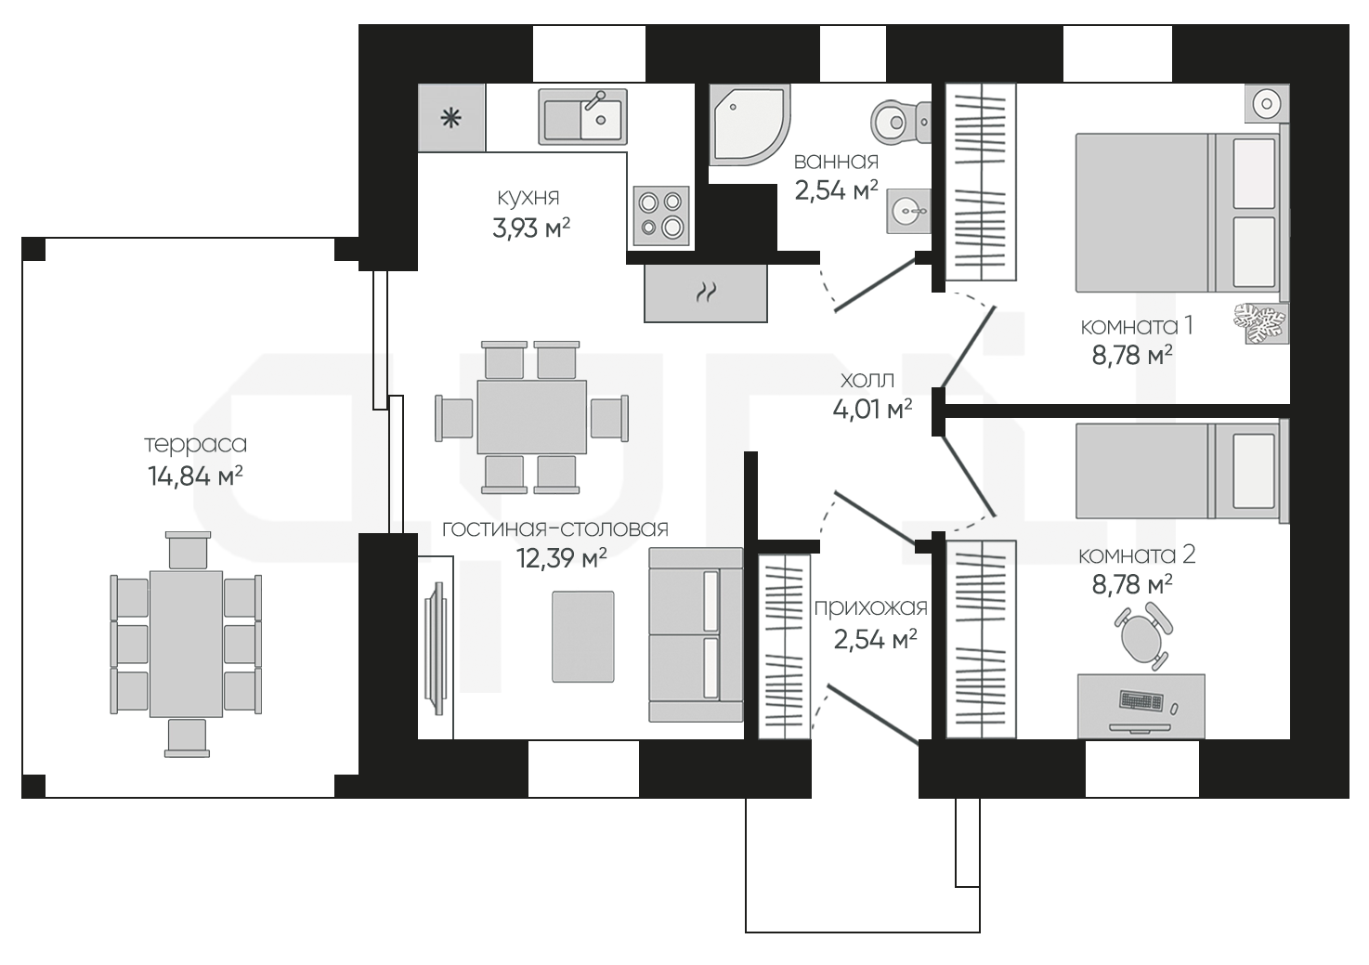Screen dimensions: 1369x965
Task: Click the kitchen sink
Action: [x=582, y=117]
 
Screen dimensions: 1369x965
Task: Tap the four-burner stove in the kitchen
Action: [x=660, y=215]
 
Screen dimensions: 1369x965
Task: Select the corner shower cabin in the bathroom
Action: [x=748, y=124]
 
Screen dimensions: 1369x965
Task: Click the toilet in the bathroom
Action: [x=900, y=122]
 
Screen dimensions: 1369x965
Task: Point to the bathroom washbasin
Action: [x=908, y=211]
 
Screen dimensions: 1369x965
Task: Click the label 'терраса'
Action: [x=196, y=444]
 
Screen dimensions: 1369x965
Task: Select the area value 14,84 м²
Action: [x=196, y=476]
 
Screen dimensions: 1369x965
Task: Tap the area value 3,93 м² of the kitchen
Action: [x=531, y=228]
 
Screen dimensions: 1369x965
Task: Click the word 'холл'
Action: [x=867, y=380]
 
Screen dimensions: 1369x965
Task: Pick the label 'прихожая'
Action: [x=871, y=607]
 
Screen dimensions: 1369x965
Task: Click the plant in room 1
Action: [x=1260, y=322]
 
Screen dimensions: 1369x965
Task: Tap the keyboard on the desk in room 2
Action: [x=1141, y=700]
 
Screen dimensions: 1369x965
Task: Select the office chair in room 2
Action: [x=1141, y=635]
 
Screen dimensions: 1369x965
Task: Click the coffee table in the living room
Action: [x=583, y=636]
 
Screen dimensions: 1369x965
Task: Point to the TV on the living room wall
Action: [x=436, y=647]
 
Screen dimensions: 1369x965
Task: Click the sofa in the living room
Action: [x=697, y=634]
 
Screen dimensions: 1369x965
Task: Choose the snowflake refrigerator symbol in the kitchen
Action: [x=451, y=117]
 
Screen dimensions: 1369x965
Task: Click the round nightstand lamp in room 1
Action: [x=1266, y=103]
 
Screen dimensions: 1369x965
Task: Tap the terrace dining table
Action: [x=187, y=645]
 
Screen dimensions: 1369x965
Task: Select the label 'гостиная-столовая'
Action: [x=555, y=528]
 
